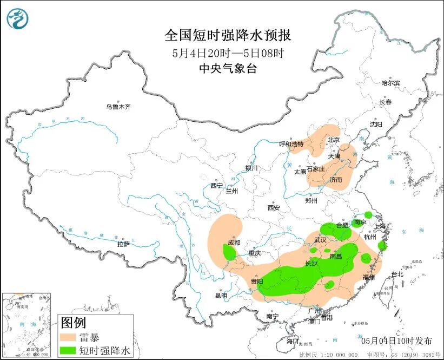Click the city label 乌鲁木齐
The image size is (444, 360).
pyautogui.click(x=118, y=107)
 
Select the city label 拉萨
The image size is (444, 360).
pyautogui.click(x=124, y=244)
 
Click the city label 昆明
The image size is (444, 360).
pyautogui.click(x=221, y=296)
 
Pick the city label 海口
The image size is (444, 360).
pyautogui.click(x=293, y=341)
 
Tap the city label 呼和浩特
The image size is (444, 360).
pyautogui.click(x=291, y=144)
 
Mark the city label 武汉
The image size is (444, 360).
pyautogui.click(x=321, y=240)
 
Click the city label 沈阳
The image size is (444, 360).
pyautogui.click(x=375, y=124)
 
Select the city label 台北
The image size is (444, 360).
pyautogui.click(x=397, y=274)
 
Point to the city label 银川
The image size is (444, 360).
pyautogui.click(x=251, y=168)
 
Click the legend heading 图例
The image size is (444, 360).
pyautogui.click(x=73, y=323)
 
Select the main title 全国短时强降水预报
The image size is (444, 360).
pyautogui.click(x=228, y=36)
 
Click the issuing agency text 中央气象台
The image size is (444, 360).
pyautogui.click(x=227, y=68)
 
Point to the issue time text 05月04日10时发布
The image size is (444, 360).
pyautogui.click(x=396, y=341)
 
